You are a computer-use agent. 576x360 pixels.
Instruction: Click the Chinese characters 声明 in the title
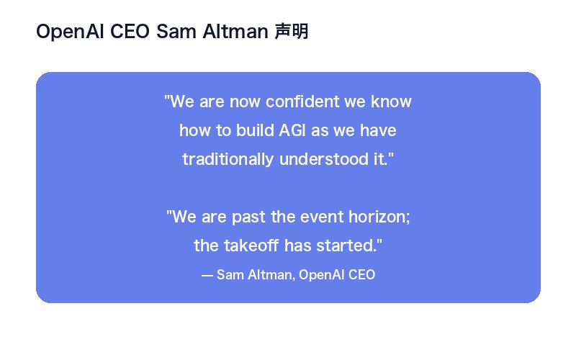[x=291, y=32]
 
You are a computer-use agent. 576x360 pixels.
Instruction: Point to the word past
[x=248, y=217]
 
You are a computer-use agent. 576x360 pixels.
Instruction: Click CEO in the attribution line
[x=361, y=275]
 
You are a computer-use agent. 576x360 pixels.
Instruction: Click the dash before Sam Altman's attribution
[x=207, y=275]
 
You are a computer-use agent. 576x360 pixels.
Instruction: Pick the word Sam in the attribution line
[x=228, y=275]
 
